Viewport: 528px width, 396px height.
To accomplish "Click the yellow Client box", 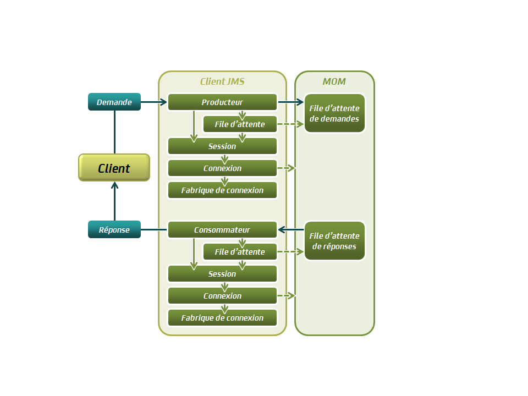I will (x=114, y=168).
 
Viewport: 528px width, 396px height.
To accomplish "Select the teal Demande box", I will (x=114, y=102).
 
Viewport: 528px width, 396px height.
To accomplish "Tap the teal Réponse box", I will (x=114, y=229).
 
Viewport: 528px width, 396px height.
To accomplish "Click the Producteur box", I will (x=222, y=102).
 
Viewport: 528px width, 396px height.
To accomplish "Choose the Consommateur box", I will (x=222, y=230).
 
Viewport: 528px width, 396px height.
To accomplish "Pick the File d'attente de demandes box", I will (x=334, y=113).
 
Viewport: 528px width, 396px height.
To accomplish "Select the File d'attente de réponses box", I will (x=334, y=241).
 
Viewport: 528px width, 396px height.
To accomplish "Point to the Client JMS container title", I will (x=222, y=81).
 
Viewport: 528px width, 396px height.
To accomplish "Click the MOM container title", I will (x=334, y=81).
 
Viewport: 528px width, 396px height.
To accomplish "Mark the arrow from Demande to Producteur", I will (x=153, y=102).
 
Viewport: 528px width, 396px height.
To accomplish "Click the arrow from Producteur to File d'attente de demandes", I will (x=290, y=102).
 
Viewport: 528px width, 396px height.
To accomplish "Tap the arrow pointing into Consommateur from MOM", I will (x=290, y=229).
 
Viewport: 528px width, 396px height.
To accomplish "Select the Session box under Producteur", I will (x=222, y=146).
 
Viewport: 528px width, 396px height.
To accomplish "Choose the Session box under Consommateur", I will (x=222, y=274).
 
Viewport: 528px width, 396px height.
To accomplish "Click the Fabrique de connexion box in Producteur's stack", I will (x=222, y=190).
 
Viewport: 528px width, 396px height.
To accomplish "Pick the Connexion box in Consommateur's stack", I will (x=222, y=296).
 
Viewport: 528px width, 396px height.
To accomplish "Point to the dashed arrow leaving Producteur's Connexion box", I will (x=286, y=168).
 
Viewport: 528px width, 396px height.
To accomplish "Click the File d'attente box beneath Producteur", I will (x=240, y=124).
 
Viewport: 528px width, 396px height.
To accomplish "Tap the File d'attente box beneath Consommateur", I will (x=240, y=252).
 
